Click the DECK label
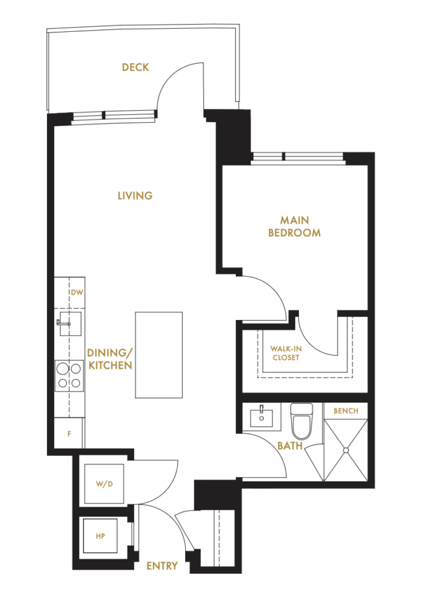click(x=135, y=67)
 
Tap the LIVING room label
click(x=135, y=196)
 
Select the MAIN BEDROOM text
click(x=294, y=226)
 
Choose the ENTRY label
click(x=162, y=566)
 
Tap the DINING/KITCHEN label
click(x=109, y=359)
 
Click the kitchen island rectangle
click(x=159, y=354)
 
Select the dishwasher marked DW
click(x=76, y=293)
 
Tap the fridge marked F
click(x=69, y=434)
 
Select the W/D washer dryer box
click(x=105, y=484)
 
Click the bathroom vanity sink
click(x=263, y=416)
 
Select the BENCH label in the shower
click(x=345, y=411)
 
